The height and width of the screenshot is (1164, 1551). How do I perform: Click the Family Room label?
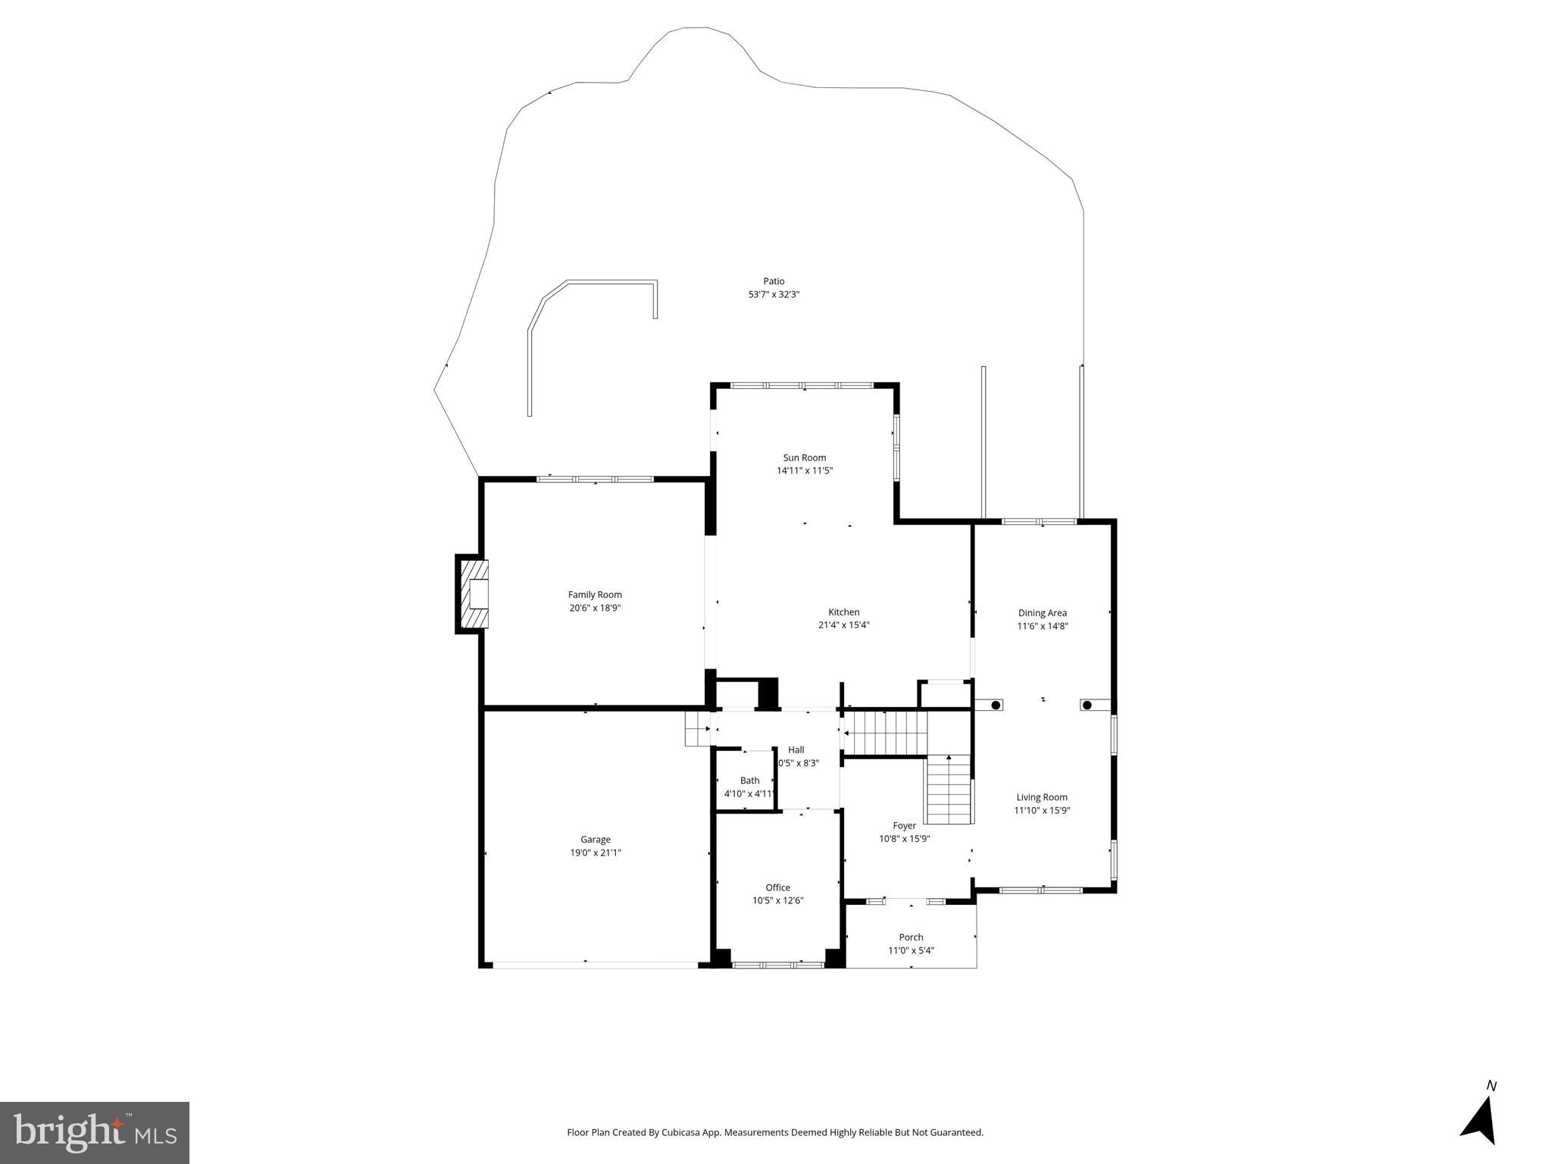[x=595, y=595]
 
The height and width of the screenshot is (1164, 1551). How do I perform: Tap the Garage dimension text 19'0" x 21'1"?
[x=595, y=853]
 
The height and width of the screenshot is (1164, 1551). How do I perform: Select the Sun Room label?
[x=804, y=458]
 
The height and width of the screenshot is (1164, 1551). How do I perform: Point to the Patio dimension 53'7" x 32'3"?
[x=774, y=294]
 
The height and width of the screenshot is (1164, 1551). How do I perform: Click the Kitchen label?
[x=843, y=612]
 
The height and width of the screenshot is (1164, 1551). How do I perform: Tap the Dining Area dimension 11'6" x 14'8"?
[x=1042, y=626]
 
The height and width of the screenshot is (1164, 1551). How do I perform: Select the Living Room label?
[x=1042, y=797]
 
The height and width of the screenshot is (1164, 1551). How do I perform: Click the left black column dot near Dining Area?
[x=996, y=706]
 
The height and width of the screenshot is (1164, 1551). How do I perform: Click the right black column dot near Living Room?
[x=1087, y=706]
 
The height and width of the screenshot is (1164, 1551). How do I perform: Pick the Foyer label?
[x=904, y=826]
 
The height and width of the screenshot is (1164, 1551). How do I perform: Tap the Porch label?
[x=911, y=937]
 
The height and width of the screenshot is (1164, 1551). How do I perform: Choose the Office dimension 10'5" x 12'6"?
[x=777, y=900]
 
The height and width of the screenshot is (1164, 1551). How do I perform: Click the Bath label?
[x=749, y=781]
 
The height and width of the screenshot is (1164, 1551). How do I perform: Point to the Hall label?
[x=796, y=750]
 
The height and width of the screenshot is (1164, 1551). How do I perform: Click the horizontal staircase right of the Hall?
[x=885, y=733]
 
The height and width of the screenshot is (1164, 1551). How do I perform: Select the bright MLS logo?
[x=95, y=1133]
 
